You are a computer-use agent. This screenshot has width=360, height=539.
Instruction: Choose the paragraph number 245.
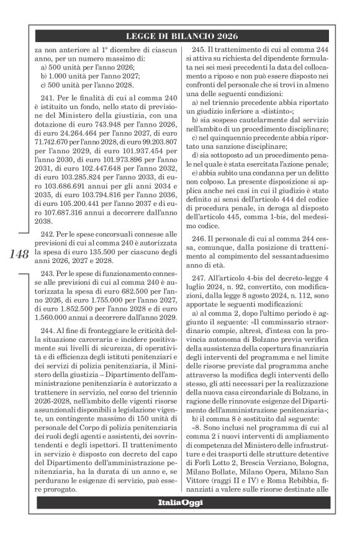tap(202, 50)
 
